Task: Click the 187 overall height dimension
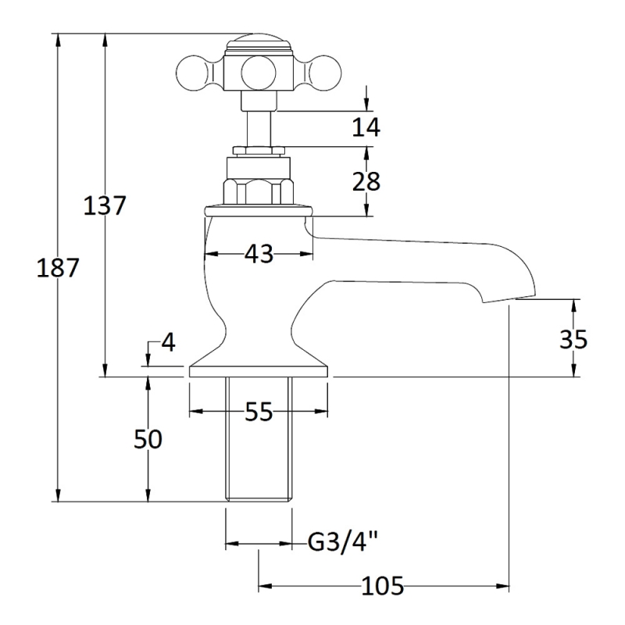click(58, 268)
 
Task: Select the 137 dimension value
click(105, 205)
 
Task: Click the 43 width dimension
click(259, 253)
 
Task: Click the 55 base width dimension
click(258, 411)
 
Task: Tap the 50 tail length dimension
click(148, 439)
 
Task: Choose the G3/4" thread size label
click(344, 541)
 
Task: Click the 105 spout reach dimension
click(383, 585)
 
